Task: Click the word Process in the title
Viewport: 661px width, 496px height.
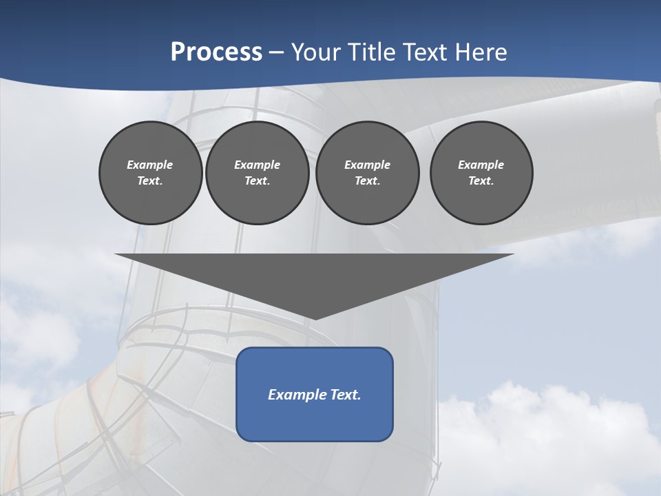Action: click(x=216, y=52)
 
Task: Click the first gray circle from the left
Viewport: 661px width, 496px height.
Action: click(x=150, y=173)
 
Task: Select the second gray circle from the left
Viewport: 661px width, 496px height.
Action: click(x=258, y=173)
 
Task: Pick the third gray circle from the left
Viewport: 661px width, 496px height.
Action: click(x=367, y=173)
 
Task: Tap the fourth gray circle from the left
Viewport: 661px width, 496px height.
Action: click(x=481, y=173)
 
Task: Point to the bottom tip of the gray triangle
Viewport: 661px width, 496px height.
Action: click(x=315, y=319)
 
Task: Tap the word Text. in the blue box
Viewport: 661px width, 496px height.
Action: click(x=345, y=395)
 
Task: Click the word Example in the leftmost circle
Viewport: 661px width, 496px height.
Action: click(x=150, y=165)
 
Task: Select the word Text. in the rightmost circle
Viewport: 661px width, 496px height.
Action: click(x=481, y=181)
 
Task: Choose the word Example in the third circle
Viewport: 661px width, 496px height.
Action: click(x=367, y=165)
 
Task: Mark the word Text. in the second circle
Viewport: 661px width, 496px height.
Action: click(x=258, y=181)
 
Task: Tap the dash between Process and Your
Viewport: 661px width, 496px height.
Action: click(x=277, y=52)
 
